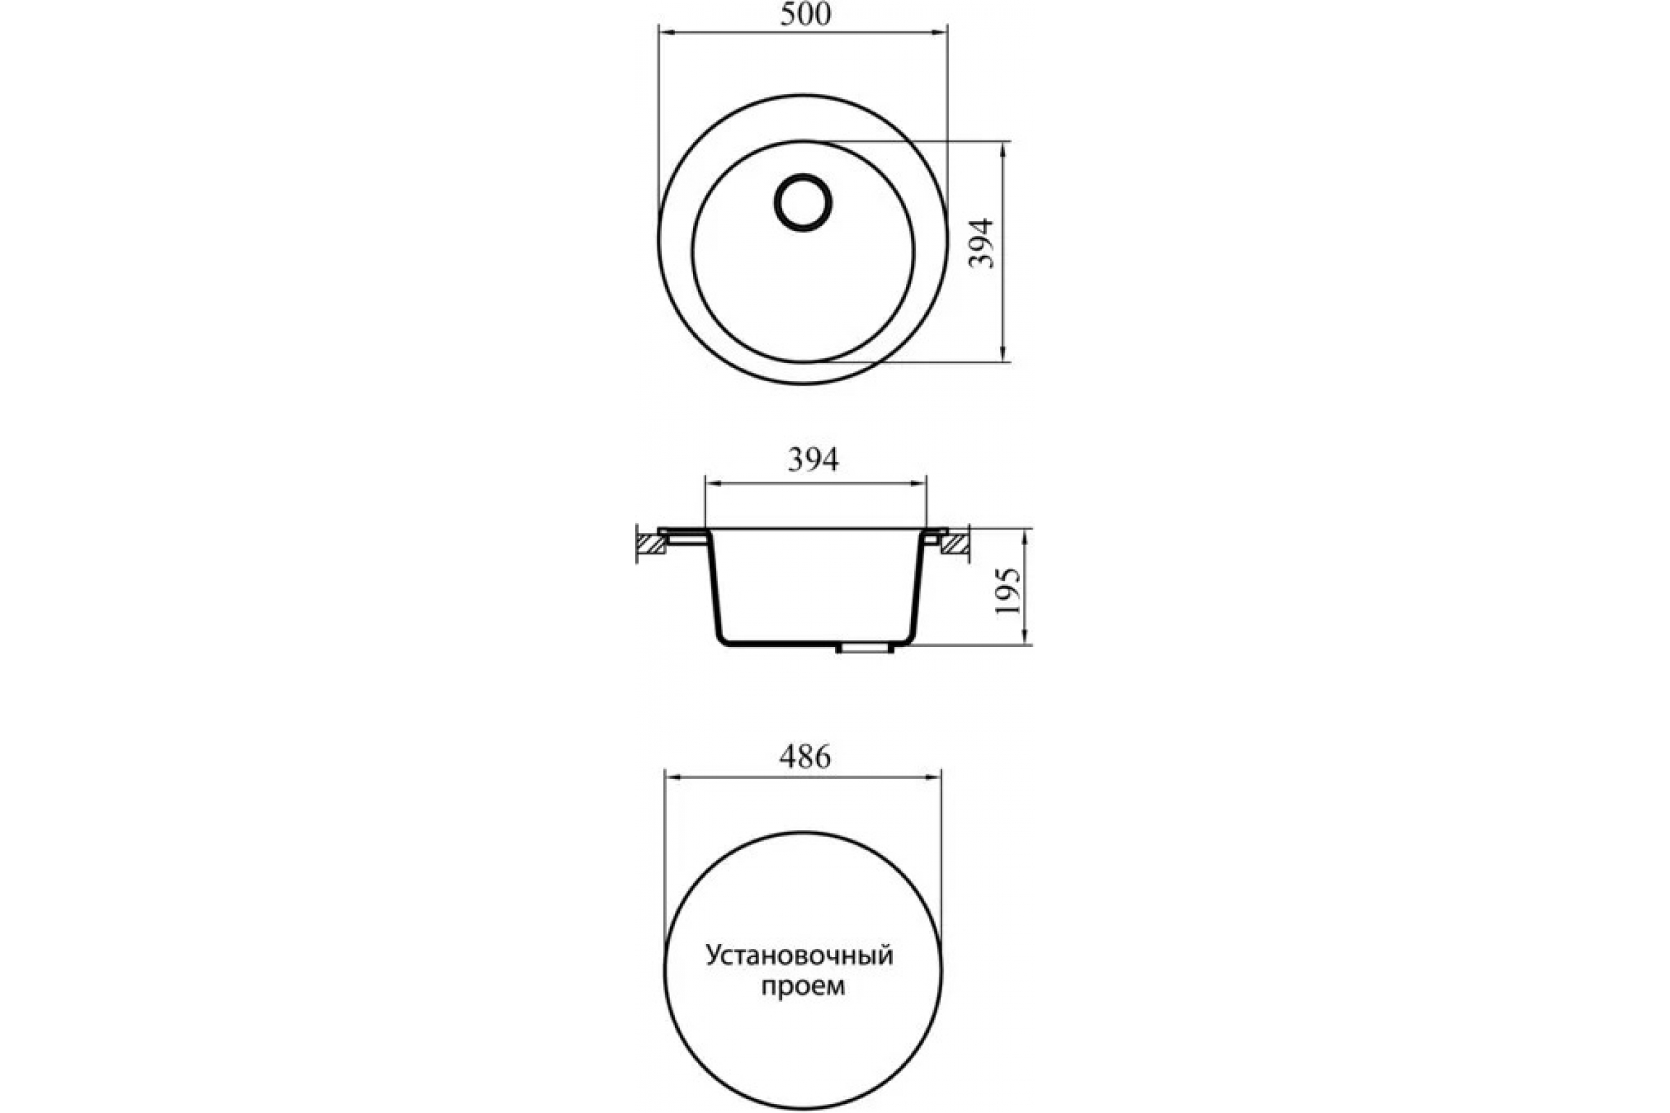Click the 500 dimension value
tap(805, 13)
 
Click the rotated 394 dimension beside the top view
tap(983, 243)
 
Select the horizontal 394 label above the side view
tap(813, 460)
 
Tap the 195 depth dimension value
tap(1008, 591)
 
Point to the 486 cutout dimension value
tap(805, 758)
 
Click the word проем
tap(803, 986)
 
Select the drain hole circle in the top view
tap(803, 202)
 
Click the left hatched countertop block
tap(651, 544)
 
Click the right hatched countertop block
tap(955, 544)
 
